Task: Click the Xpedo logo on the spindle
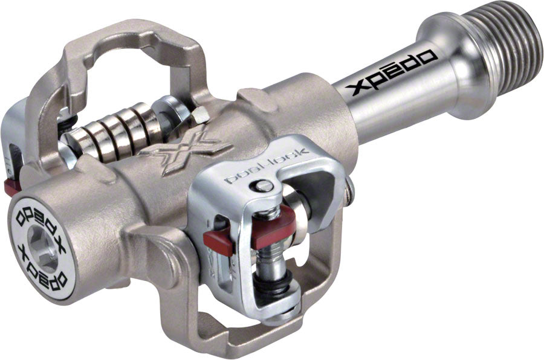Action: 392,73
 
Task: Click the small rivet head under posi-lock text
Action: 261,187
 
